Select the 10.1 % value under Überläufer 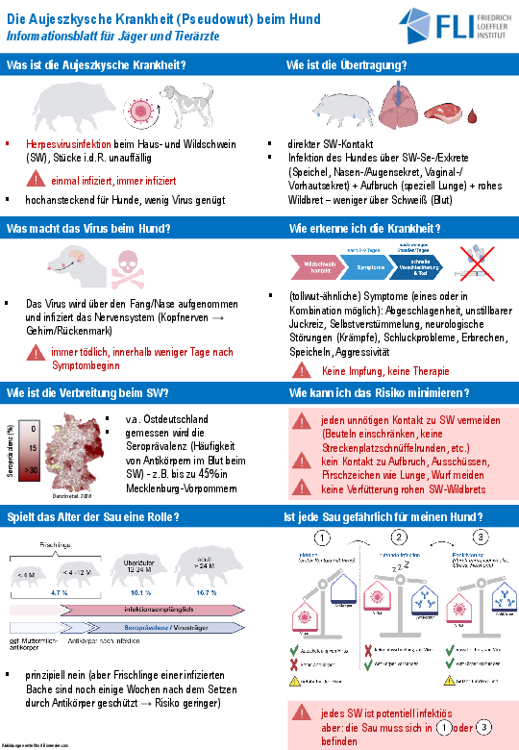141,594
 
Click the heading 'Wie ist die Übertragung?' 347,65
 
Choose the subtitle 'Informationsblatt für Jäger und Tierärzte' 112,35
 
